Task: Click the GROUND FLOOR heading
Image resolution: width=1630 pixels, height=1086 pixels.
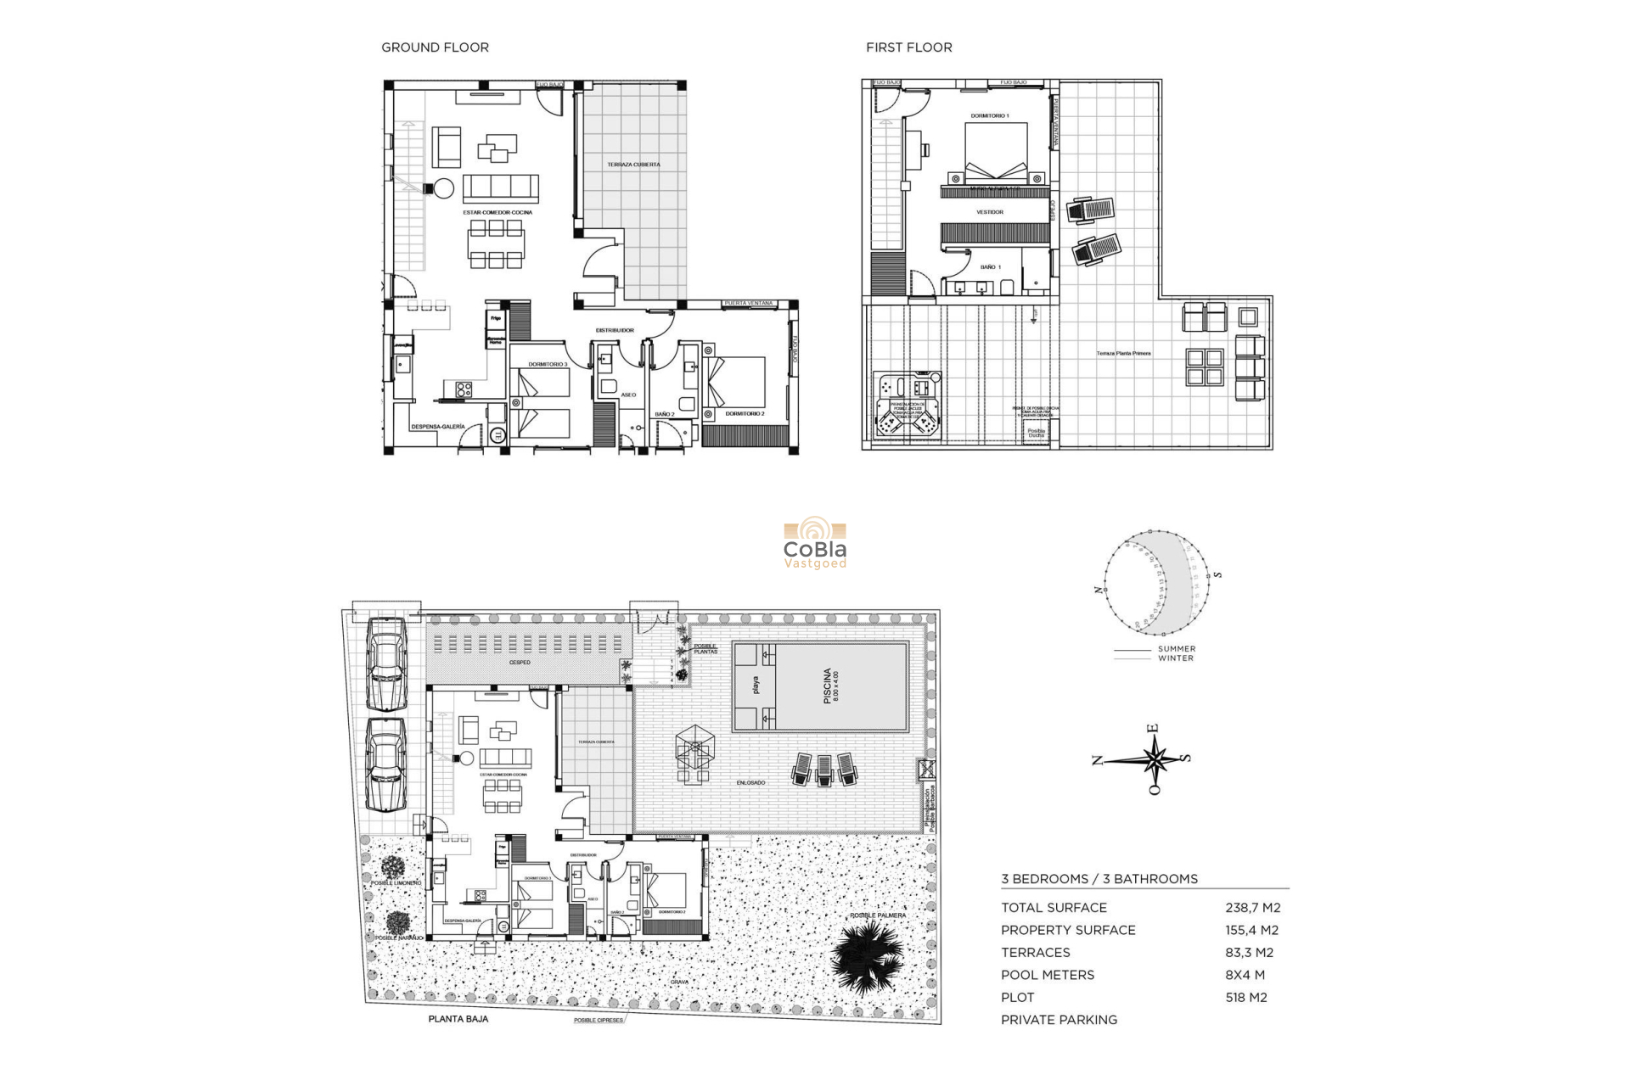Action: (x=435, y=48)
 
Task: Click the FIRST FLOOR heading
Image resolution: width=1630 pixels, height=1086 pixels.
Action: (x=908, y=48)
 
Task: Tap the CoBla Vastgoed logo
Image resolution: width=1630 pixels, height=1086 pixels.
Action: (x=814, y=544)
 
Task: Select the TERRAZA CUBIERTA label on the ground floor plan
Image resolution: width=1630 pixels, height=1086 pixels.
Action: (x=633, y=165)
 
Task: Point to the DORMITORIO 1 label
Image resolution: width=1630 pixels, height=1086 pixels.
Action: (x=990, y=115)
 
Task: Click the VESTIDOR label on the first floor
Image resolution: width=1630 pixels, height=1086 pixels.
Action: (x=990, y=212)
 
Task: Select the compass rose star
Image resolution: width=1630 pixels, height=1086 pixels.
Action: (x=1154, y=759)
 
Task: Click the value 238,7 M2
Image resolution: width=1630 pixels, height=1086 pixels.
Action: (x=1251, y=908)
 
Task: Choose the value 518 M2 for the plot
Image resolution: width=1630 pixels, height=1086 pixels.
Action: (x=1245, y=998)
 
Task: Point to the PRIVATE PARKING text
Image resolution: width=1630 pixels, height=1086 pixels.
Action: (x=1059, y=1020)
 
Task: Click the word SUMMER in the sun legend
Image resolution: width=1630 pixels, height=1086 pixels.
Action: (x=1176, y=649)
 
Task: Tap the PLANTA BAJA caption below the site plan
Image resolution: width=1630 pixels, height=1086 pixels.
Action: (x=458, y=1019)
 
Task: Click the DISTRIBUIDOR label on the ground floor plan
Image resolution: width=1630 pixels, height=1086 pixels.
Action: (x=615, y=330)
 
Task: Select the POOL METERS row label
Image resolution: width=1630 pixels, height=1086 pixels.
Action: (x=1048, y=975)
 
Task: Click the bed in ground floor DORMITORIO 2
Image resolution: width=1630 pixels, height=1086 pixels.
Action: (x=737, y=382)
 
